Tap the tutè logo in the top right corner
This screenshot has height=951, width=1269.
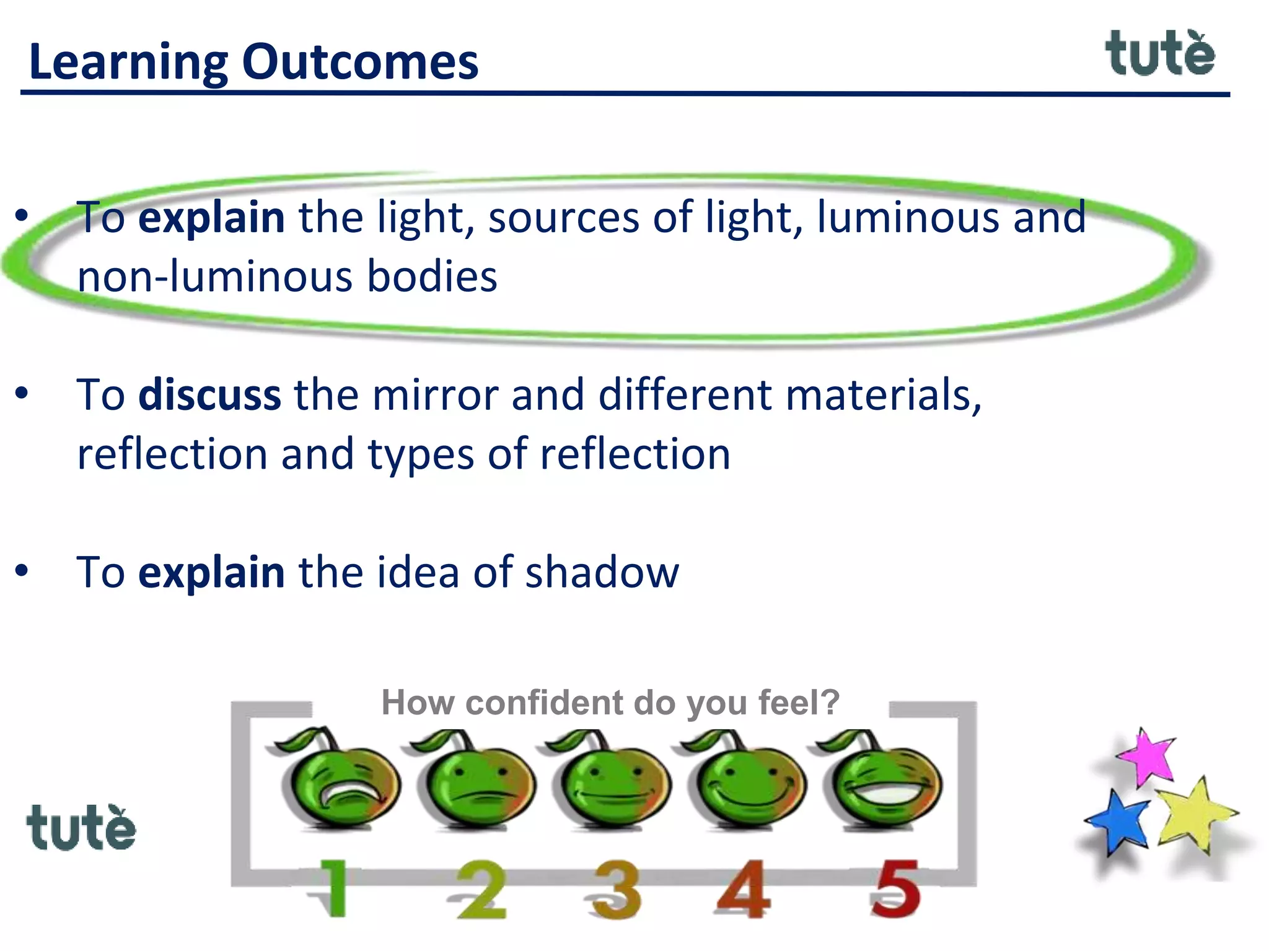(1160, 54)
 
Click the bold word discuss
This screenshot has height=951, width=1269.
(209, 395)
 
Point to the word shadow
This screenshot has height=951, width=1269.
(602, 572)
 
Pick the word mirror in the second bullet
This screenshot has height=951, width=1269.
(435, 395)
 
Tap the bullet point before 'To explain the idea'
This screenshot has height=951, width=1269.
(22, 571)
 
